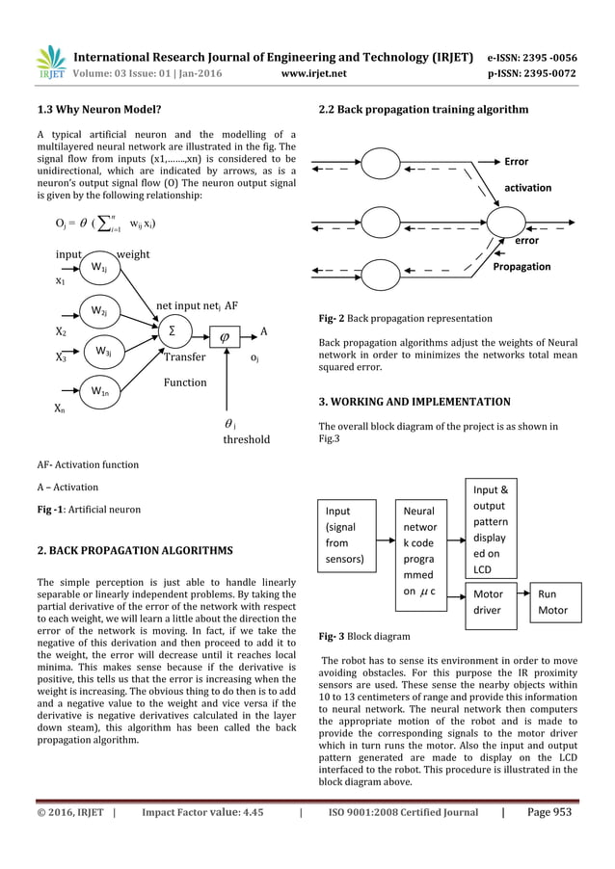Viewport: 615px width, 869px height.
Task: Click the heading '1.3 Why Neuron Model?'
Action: coord(97,110)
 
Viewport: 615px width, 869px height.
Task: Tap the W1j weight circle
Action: coord(99,267)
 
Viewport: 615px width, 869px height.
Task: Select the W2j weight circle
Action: coord(99,311)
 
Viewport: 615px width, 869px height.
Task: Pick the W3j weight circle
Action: coord(103,353)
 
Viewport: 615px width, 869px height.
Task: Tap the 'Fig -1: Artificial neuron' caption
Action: coord(88,509)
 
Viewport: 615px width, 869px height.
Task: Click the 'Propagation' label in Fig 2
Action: coord(521,266)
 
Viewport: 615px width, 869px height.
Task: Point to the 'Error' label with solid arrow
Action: coord(516,162)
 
